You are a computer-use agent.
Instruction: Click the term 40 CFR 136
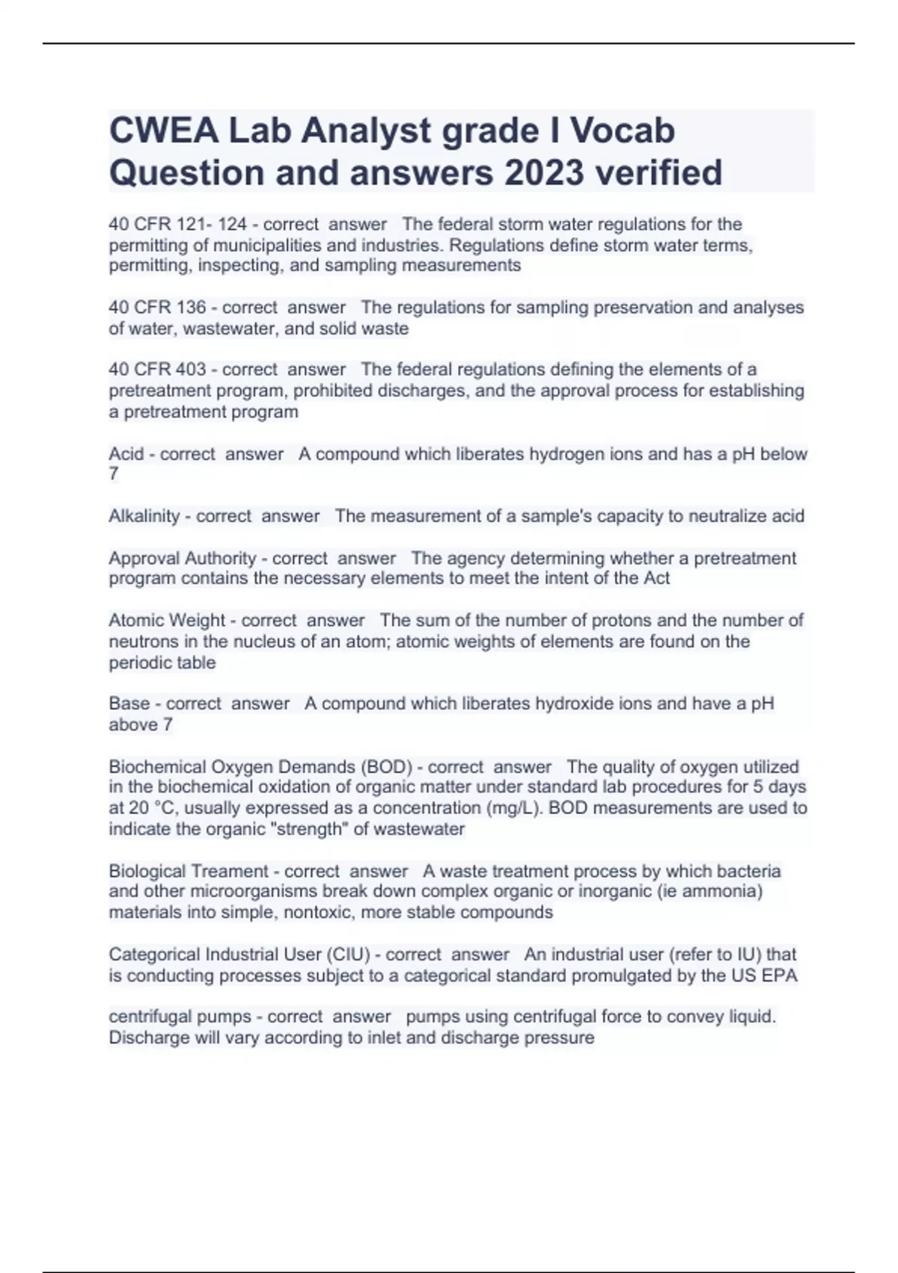pos(157,308)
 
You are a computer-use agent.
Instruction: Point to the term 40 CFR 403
pos(157,370)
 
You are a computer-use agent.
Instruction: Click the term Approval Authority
pos(183,559)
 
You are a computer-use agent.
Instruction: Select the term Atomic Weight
pos(167,621)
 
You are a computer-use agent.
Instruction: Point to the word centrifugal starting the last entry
pos(147,1017)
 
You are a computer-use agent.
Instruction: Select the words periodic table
pos(162,663)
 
